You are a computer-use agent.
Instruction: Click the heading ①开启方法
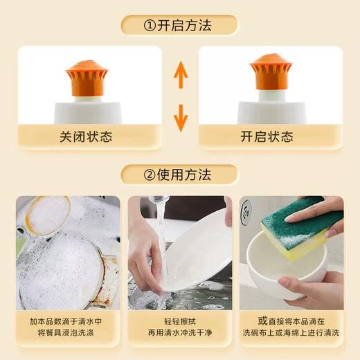[x=180, y=26]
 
